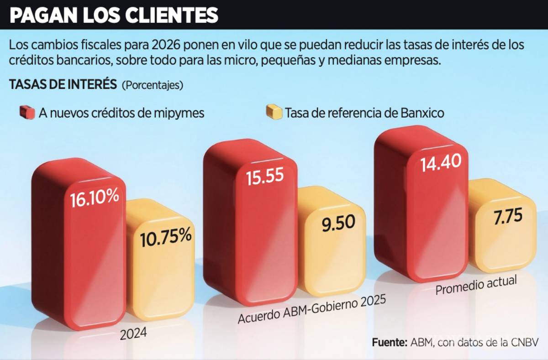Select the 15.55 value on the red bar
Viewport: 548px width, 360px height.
265,177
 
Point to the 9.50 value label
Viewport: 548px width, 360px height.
338,224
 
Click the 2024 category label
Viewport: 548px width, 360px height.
133,334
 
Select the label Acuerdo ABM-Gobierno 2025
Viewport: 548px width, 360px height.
311,309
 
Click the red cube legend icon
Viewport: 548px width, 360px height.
27,112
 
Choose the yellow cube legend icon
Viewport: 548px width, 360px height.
274,112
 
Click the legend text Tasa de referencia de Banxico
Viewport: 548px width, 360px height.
364,113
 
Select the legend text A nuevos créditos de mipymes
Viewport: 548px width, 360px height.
121,113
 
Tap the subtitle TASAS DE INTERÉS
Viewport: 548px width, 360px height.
63,85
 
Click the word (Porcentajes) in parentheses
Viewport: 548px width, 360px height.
153,85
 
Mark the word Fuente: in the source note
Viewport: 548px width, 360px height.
390,342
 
